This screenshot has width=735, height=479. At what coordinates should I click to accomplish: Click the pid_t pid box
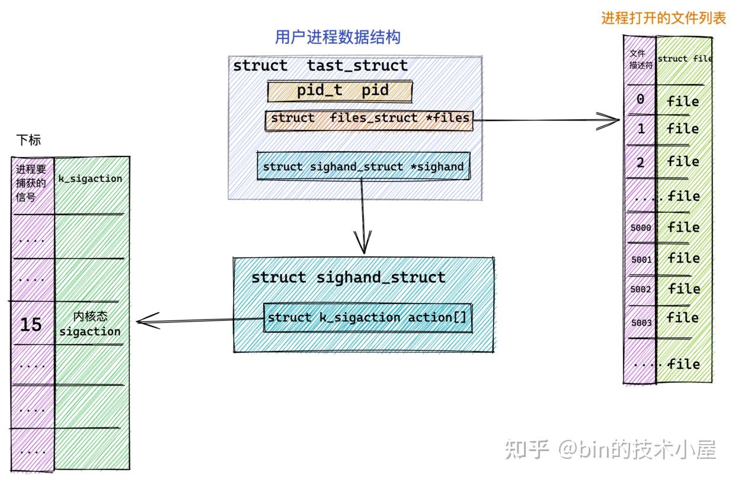(x=340, y=91)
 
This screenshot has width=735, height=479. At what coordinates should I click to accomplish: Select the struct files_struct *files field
(x=369, y=119)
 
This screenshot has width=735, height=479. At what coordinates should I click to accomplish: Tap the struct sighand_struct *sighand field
(x=363, y=167)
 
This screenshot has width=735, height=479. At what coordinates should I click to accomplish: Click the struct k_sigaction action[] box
(x=367, y=318)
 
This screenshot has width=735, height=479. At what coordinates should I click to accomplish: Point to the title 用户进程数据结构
(x=337, y=37)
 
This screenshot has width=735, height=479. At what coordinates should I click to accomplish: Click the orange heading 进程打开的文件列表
(x=663, y=18)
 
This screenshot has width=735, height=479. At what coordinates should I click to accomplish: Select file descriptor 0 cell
(x=640, y=100)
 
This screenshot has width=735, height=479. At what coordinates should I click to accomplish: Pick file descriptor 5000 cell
(x=640, y=228)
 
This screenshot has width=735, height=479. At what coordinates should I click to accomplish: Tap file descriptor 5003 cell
(x=641, y=322)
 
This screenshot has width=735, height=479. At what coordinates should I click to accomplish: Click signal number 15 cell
(x=31, y=324)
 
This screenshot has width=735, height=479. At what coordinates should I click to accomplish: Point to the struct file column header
(x=684, y=59)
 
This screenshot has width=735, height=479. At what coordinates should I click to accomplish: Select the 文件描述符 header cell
(x=641, y=59)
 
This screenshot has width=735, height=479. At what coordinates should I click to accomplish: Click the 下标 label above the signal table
(x=29, y=140)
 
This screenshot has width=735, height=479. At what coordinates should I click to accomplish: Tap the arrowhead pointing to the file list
(x=614, y=120)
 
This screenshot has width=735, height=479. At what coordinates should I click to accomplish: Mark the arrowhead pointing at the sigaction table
(x=142, y=322)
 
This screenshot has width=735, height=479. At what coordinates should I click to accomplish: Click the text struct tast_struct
(x=320, y=66)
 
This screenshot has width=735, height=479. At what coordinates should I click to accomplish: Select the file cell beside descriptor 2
(x=683, y=162)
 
